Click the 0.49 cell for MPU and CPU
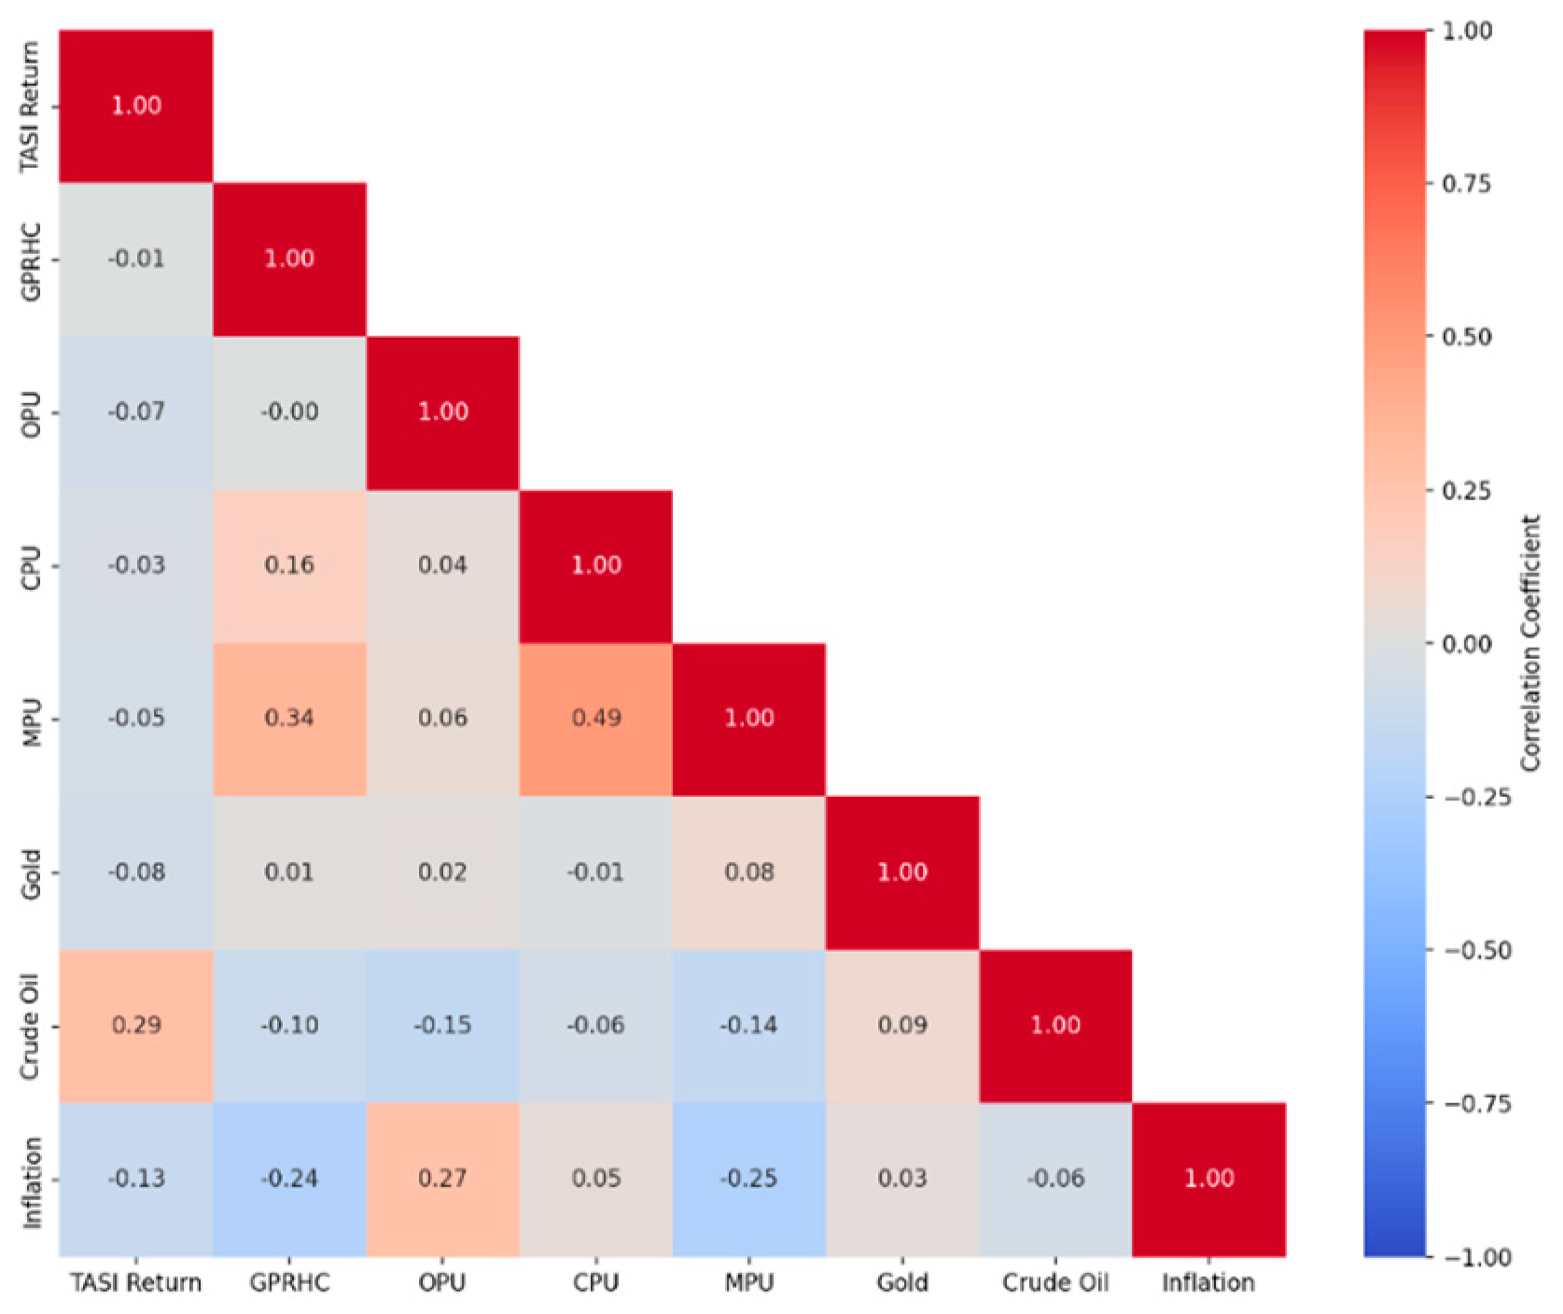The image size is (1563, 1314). (x=595, y=719)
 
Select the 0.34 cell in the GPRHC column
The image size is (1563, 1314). (x=289, y=719)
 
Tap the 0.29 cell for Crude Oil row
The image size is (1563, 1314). (x=136, y=1026)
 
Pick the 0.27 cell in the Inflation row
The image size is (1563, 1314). (x=442, y=1179)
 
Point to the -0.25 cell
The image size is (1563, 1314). (x=748, y=1179)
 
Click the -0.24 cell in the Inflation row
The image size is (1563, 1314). (x=289, y=1179)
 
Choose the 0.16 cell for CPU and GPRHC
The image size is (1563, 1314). (x=289, y=566)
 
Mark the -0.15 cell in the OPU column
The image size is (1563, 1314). (x=442, y=1026)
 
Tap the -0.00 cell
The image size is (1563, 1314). (x=289, y=412)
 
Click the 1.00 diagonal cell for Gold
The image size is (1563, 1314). (x=902, y=873)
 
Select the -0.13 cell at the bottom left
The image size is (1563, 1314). (x=136, y=1179)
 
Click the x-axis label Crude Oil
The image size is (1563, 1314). (x=1055, y=1283)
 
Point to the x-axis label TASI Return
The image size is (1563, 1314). (x=136, y=1283)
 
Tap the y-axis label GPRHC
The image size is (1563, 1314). (x=32, y=260)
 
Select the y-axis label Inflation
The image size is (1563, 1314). (x=32, y=1181)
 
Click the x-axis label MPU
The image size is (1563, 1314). (x=748, y=1283)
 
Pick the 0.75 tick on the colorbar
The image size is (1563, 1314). (x=1467, y=184)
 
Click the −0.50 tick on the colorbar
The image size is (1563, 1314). (x=1477, y=951)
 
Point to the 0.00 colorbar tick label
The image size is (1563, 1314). (x=1467, y=644)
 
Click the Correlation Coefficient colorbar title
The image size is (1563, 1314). (x=1531, y=643)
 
